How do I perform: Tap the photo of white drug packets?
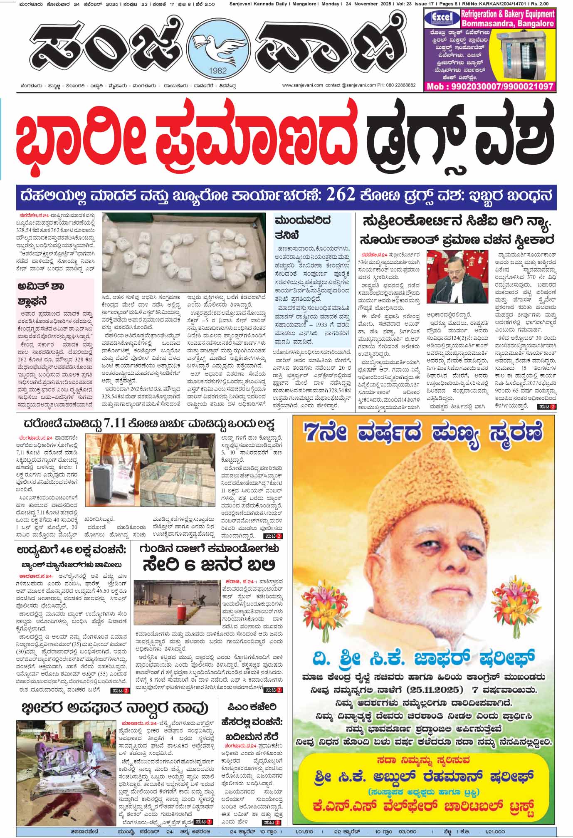pyautogui.click(x=184, y=252)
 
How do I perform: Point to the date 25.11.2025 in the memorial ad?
pyautogui.click(x=437, y=689)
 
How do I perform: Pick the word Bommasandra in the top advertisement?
pyautogui.click(x=487, y=24)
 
